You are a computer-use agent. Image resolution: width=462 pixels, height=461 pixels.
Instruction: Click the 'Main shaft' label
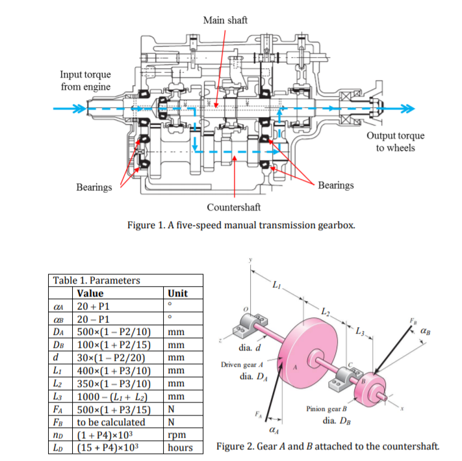(x=225, y=20)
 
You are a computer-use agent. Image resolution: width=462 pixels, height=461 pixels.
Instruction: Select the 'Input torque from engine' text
(x=85, y=81)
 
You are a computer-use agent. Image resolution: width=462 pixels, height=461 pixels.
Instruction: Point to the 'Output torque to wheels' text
(x=395, y=141)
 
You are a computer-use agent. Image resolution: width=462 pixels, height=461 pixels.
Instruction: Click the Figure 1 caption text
(x=241, y=225)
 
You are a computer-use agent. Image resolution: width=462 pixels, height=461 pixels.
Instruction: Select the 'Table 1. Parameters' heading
(x=96, y=280)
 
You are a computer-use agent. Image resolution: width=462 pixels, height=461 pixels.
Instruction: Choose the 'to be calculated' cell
(x=107, y=422)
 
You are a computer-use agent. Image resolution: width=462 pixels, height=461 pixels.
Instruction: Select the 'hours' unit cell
(x=180, y=447)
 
